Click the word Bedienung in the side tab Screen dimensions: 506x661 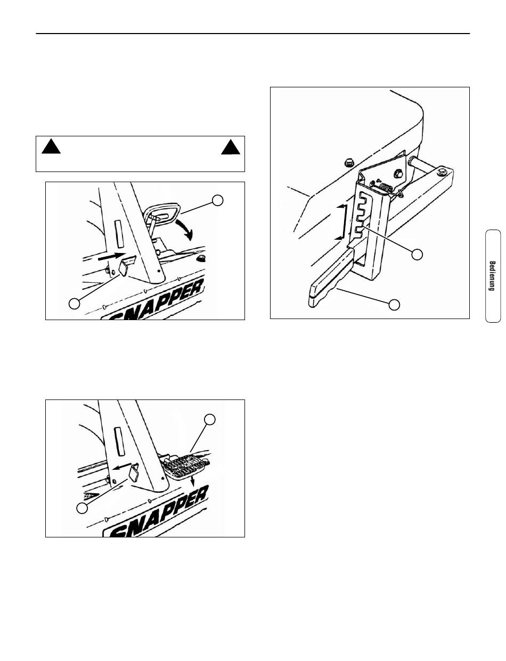coord(492,276)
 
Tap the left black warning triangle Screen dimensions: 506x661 coord(51,146)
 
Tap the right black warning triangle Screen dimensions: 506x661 coord(231,147)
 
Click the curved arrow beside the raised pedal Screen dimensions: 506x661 coord(185,230)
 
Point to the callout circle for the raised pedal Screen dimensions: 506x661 coord(218,200)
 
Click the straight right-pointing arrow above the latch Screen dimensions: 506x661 coord(112,256)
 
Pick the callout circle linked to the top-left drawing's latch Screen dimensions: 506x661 coord(74,304)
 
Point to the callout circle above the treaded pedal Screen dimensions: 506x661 coord(210,419)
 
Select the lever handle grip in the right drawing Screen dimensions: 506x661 coord(331,278)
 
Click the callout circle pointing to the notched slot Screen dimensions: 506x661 coord(417,254)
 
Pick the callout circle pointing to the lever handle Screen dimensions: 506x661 coord(394,305)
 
